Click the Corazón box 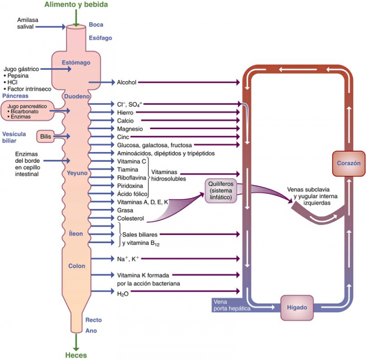pos(348,163)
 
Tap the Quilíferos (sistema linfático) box pos(221,190)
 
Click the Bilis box pos(46,136)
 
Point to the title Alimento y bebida pos(76,5)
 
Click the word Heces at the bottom pos(76,355)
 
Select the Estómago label pos(76,62)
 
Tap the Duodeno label pos(77,96)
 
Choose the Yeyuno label pos(77,173)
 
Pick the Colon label pos(77,266)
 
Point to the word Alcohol pos(127,82)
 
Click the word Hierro pos(126,113)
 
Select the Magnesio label pos(130,129)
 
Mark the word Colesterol pos(131,218)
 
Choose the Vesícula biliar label pos(14,137)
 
